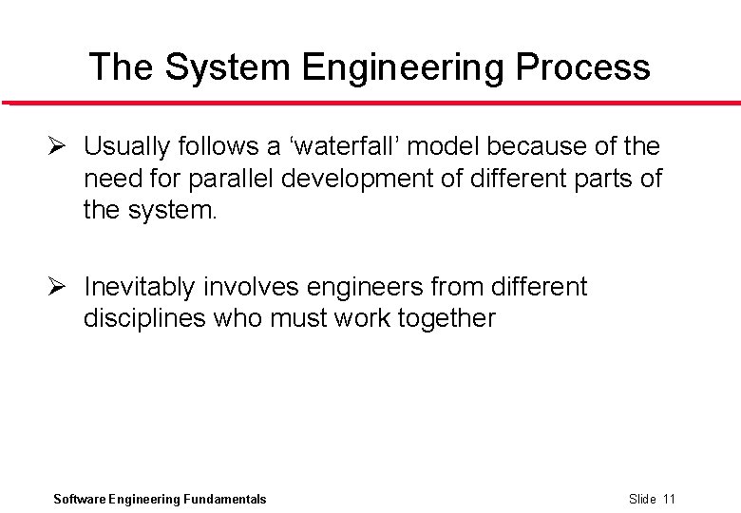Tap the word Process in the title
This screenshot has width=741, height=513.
click(583, 67)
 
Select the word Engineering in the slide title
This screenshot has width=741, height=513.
click(404, 67)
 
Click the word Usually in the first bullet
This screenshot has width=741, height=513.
click(126, 146)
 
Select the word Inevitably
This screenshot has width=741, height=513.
click(141, 287)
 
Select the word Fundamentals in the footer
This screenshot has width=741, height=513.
click(225, 499)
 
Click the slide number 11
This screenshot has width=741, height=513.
click(669, 499)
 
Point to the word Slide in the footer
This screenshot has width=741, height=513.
click(642, 499)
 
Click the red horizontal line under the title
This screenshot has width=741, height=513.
click(370, 103)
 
